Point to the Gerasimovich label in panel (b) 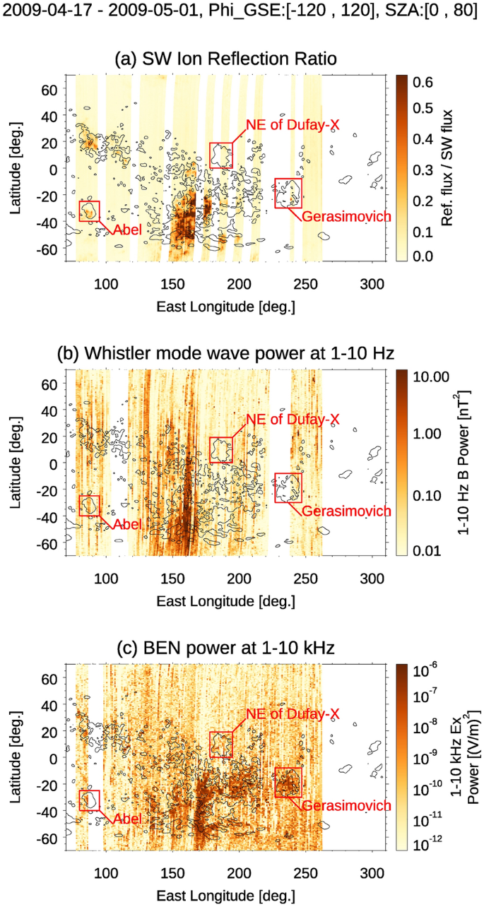pyautogui.click(x=346, y=511)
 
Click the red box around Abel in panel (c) pyautogui.click(x=90, y=800)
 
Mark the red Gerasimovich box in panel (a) pyautogui.click(x=288, y=192)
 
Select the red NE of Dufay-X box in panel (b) pyautogui.click(x=221, y=450)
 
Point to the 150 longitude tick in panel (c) pyautogui.click(x=172, y=871)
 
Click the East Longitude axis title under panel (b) pyautogui.click(x=225, y=600)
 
